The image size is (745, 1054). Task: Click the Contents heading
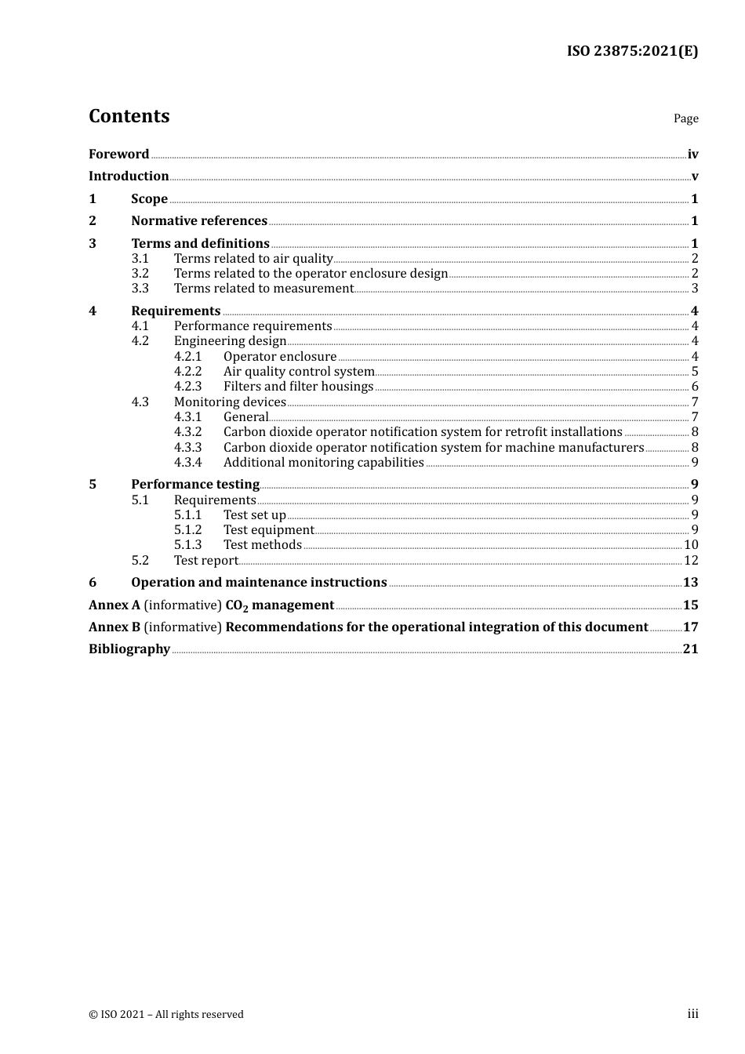(129, 116)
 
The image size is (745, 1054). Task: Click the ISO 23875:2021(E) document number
(632, 51)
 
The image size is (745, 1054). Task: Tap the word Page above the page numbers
(685, 118)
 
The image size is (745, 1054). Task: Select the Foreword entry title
(118, 154)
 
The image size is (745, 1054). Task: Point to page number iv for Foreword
(692, 154)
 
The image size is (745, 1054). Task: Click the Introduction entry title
(129, 176)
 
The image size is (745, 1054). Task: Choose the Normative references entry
(199, 221)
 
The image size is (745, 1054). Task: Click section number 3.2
(140, 274)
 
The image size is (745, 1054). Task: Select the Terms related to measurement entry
(263, 289)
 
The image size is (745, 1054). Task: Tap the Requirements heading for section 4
(176, 311)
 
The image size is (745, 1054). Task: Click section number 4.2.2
(187, 372)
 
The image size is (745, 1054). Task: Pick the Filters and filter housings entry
(298, 387)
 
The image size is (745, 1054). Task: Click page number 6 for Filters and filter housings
(695, 387)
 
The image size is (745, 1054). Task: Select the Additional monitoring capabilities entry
(323, 463)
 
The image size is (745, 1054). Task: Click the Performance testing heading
(195, 485)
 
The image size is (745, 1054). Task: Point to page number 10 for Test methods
(691, 545)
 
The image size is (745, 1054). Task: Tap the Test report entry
(205, 561)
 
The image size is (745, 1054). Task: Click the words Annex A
(114, 605)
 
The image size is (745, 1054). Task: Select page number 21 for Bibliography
(690, 649)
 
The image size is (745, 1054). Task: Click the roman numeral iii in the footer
(692, 1014)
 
